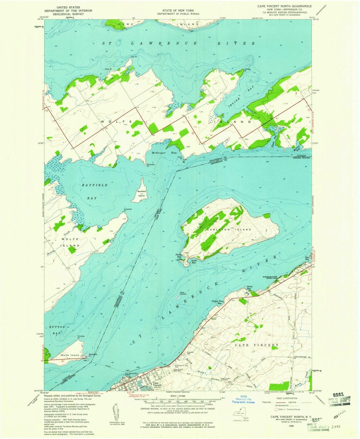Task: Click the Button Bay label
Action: click(57, 330)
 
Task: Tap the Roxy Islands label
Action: click(183, 293)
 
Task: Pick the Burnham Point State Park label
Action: click(270, 277)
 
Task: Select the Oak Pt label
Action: click(134, 57)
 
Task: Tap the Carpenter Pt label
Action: click(128, 210)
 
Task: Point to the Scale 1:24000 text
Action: click(178, 396)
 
